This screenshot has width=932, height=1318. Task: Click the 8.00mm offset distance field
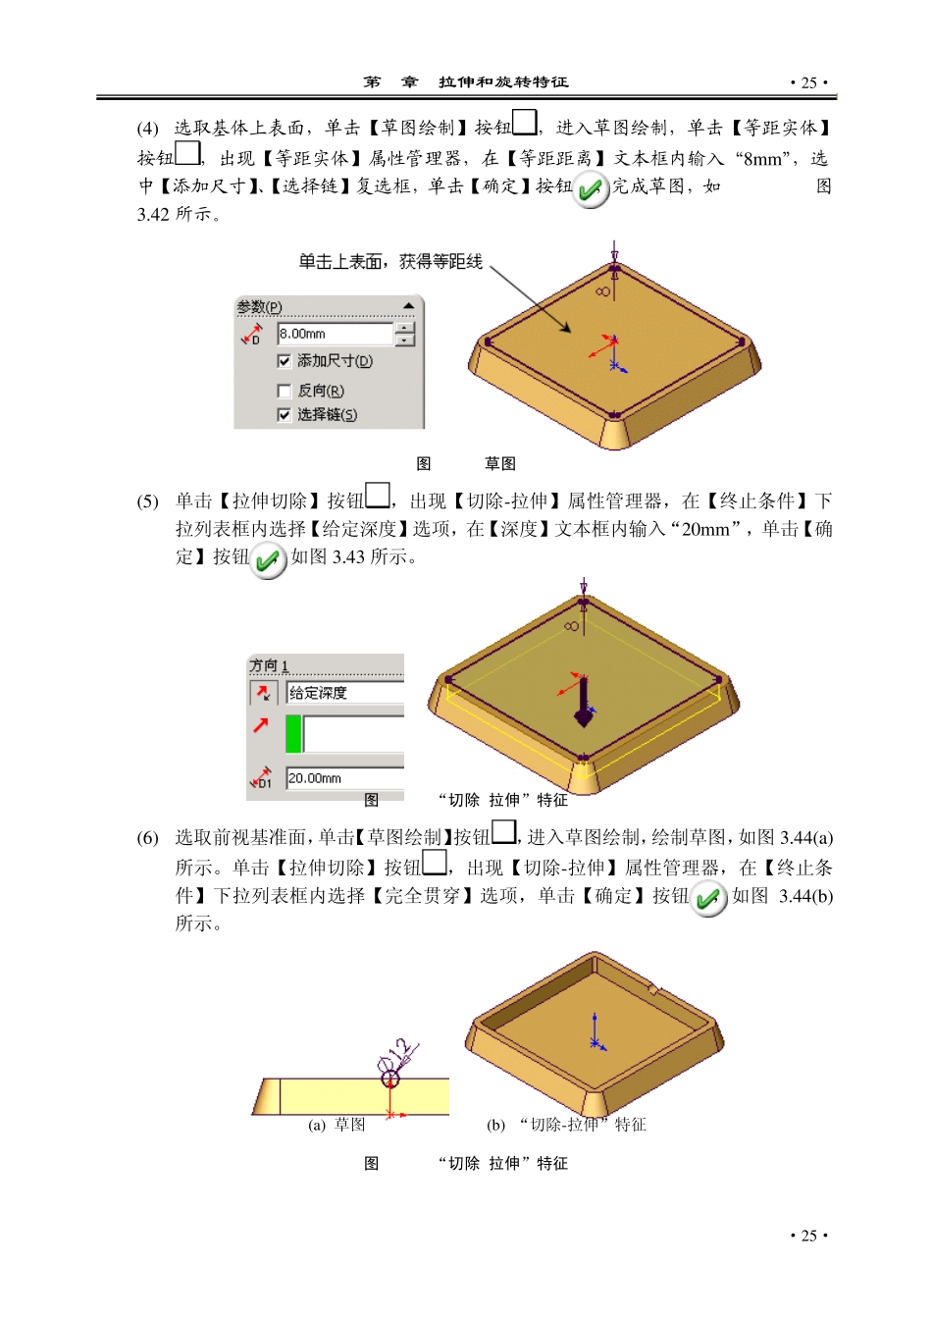pos(335,335)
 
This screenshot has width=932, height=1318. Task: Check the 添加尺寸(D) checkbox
pos(285,361)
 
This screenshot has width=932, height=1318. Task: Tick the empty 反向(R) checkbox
pos(285,391)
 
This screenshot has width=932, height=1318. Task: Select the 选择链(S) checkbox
pos(285,415)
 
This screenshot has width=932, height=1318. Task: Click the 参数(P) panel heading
pos(259,307)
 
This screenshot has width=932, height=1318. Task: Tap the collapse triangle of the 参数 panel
pos(408,306)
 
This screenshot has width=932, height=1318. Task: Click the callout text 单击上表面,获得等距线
pos(390,261)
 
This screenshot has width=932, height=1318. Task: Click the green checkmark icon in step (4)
pos(590,189)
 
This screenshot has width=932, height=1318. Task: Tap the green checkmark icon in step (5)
pos(268,561)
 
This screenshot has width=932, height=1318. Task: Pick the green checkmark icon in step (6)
pos(707,899)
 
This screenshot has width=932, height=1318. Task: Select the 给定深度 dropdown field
pos(343,693)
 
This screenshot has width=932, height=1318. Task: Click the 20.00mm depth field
pos(343,778)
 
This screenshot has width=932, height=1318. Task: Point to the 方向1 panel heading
pos(269,665)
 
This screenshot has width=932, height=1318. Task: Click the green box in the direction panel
pos(293,734)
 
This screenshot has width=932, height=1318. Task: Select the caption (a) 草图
pos(337,1125)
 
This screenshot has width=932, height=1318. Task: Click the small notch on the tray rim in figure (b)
pos(654,989)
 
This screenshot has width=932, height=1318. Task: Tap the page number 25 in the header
pos(808,82)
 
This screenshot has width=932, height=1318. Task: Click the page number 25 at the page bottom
pos(808,1236)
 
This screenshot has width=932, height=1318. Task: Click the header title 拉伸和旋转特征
pos(503,82)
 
